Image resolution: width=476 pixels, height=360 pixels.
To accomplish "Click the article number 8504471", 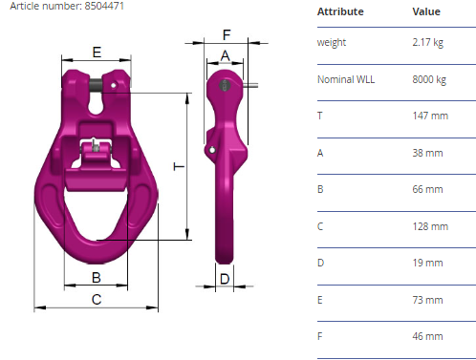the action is (x=104, y=6).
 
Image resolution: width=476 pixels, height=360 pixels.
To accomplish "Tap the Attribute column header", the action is (x=340, y=11).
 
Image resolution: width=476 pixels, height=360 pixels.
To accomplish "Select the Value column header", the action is (x=426, y=11).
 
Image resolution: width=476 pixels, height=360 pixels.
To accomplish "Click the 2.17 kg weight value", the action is (x=427, y=42).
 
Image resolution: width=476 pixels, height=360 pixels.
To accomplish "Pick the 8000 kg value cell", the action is (x=429, y=79).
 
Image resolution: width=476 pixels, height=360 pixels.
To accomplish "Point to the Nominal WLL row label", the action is (x=346, y=79).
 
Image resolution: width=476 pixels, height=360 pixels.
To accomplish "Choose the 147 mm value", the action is (x=430, y=116).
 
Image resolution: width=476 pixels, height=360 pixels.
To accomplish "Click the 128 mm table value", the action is (x=430, y=226).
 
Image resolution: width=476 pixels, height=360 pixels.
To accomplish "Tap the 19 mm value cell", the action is (x=427, y=263).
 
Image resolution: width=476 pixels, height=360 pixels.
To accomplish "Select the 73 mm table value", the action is (x=427, y=300).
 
